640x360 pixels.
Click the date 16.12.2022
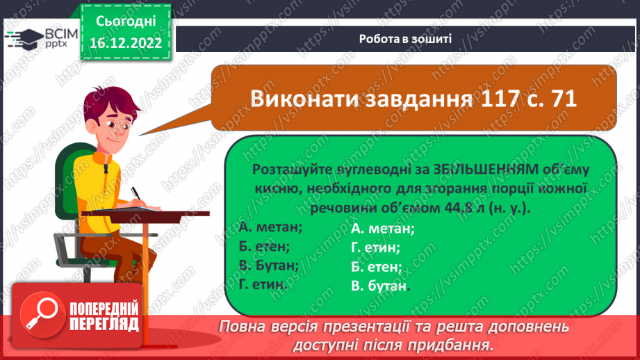(x=126, y=43)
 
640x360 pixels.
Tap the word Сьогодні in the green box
(x=126, y=22)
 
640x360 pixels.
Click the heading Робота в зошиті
(x=405, y=39)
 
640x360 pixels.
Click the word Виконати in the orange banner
(x=304, y=99)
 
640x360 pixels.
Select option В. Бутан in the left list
(x=269, y=265)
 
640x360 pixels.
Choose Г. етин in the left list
(x=263, y=284)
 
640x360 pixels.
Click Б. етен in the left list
(x=264, y=246)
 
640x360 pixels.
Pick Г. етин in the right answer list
(x=375, y=247)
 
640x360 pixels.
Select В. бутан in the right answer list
(x=380, y=286)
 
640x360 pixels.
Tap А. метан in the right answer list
(x=383, y=229)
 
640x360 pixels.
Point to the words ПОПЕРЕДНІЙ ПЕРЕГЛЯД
(x=104, y=317)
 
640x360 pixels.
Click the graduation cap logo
(x=24, y=39)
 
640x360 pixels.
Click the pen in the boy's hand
(x=136, y=193)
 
